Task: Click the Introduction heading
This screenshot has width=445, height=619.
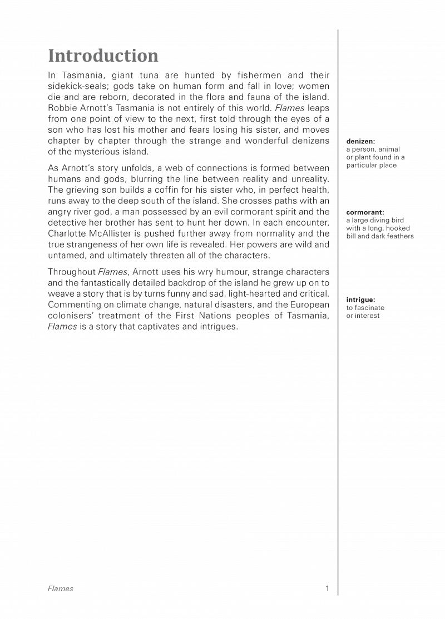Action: click(103, 56)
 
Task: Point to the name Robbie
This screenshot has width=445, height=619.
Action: click(62, 108)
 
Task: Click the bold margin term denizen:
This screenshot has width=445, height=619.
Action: click(360, 142)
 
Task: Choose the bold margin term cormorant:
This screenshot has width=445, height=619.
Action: click(365, 212)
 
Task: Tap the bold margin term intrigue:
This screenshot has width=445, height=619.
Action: click(360, 300)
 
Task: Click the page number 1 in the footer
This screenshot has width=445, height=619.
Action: click(327, 588)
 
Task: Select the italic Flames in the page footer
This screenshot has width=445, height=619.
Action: click(60, 588)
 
